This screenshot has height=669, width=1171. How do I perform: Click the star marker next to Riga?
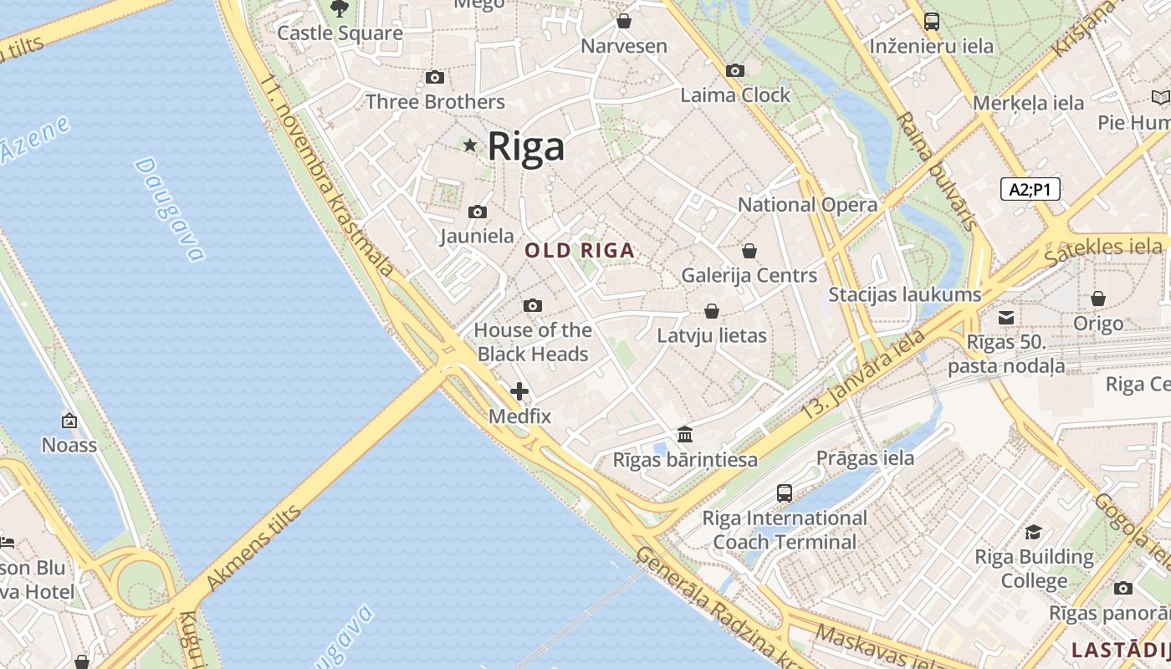pyautogui.click(x=470, y=146)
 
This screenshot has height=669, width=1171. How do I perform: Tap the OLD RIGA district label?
pyautogui.click(x=580, y=250)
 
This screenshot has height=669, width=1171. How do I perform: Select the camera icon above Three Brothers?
pyautogui.click(x=435, y=78)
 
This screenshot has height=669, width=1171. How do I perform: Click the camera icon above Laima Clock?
pyautogui.click(x=735, y=71)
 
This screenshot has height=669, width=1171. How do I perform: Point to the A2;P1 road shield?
pyautogui.click(x=1030, y=189)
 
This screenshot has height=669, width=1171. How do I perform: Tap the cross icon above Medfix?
pyautogui.click(x=519, y=391)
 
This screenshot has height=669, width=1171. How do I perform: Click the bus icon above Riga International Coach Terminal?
pyautogui.click(x=785, y=493)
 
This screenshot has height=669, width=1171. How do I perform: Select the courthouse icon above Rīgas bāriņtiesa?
pyautogui.click(x=686, y=434)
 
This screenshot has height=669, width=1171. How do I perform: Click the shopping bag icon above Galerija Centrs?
pyautogui.click(x=749, y=251)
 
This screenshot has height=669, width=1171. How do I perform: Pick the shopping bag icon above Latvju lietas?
pyautogui.click(x=712, y=311)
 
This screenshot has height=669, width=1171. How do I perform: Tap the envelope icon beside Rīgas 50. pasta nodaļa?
pyautogui.click(x=1006, y=318)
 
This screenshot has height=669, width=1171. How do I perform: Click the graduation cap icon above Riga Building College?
pyautogui.click(x=1034, y=533)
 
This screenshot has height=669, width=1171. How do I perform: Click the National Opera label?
pyautogui.click(x=807, y=205)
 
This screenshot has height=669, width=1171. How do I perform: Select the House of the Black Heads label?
pyautogui.click(x=533, y=342)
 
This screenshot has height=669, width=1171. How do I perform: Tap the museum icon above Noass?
pyautogui.click(x=69, y=421)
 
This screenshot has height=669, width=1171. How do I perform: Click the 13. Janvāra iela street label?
pyautogui.click(x=863, y=375)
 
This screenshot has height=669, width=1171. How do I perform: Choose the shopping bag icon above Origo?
pyautogui.click(x=1098, y=299)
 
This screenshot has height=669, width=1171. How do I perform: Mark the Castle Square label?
pyautogui.click(x=340, y=33)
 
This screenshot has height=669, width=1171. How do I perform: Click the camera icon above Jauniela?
pyautogui.click(x=478, y=212)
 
